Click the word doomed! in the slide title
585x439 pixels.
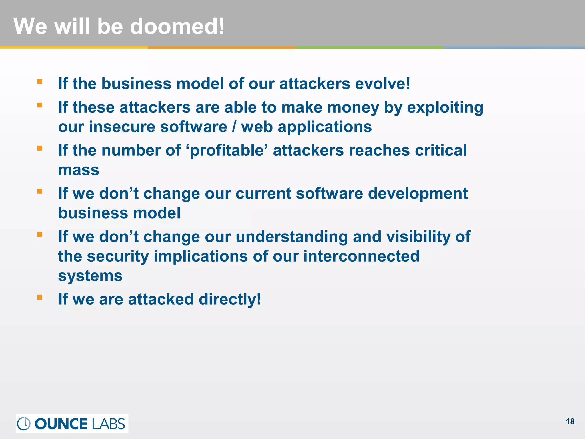177,26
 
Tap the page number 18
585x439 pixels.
570,422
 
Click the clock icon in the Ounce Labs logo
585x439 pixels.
24,424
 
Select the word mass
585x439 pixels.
79,170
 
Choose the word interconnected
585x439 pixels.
361,256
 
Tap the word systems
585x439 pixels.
90,276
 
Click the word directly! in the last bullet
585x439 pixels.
230,299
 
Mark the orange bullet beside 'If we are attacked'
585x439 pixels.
40,297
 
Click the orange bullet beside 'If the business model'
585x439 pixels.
40,82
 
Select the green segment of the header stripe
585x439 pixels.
370,47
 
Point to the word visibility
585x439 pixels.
418,237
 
